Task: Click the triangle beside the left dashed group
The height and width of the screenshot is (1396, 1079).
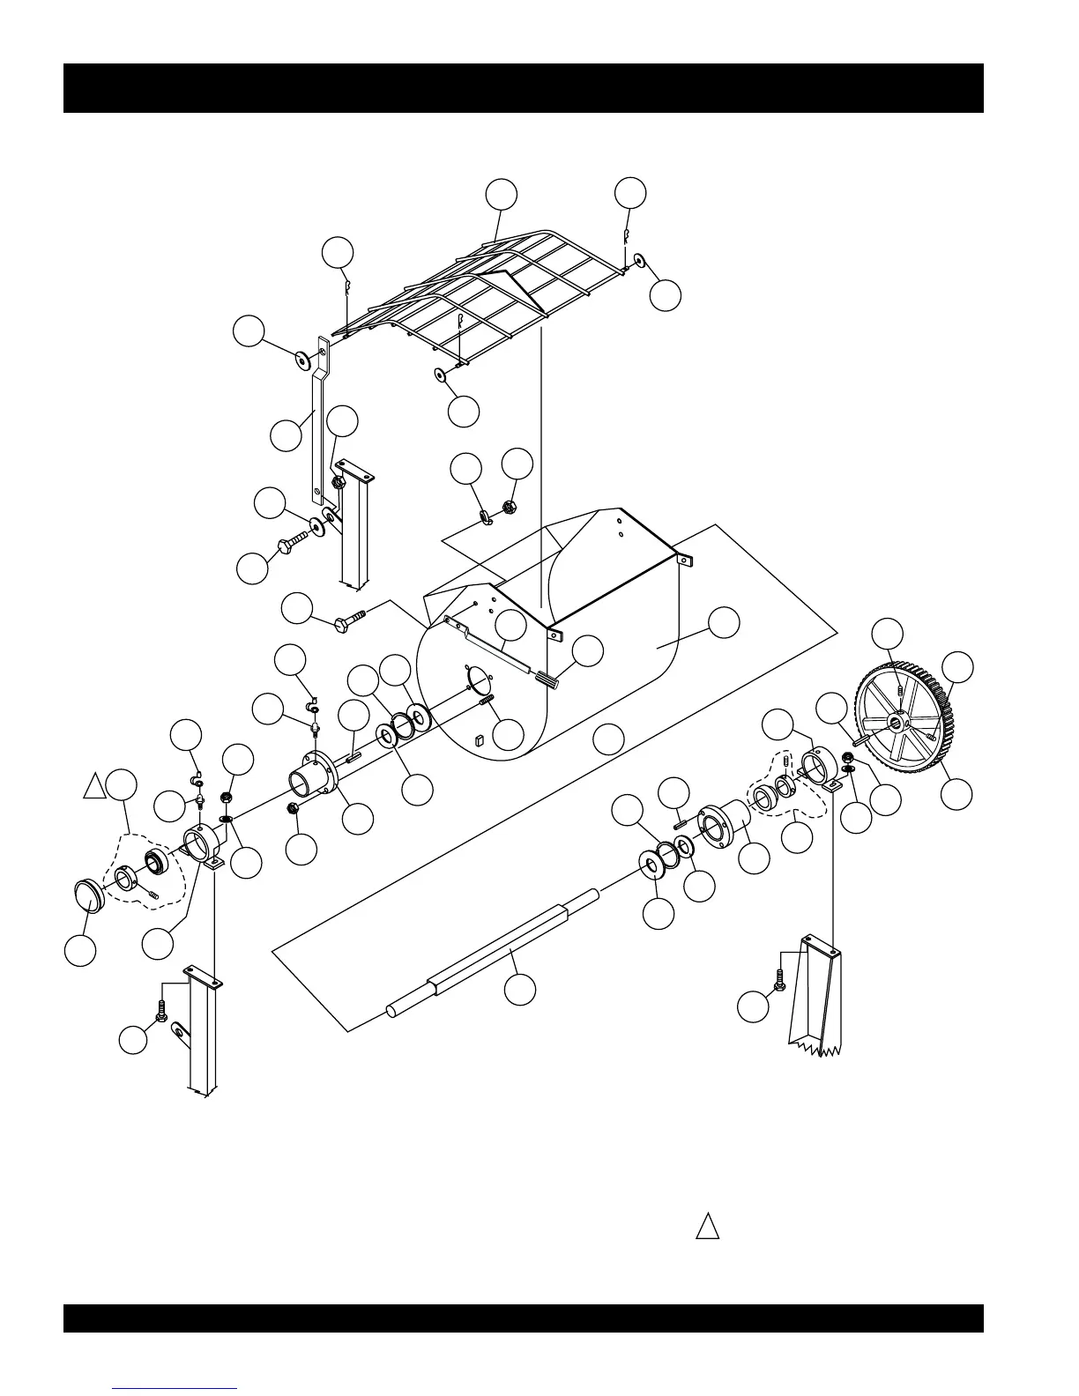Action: (x=93, y=786)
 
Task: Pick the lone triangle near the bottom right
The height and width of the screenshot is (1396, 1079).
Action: (x=707, y=1227)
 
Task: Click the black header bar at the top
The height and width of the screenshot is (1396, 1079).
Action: (x=523, y=88)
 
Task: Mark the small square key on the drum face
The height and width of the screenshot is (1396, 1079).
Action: (x=480, y=740)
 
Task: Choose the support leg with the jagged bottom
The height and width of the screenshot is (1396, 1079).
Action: (x=815, y=996)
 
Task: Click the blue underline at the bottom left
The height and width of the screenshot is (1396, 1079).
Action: (x=175, y=1388)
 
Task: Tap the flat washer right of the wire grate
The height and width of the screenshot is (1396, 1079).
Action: (x=639, y=261)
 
